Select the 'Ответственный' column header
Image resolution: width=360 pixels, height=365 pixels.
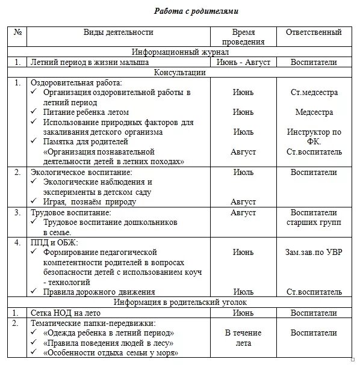coord(313,32)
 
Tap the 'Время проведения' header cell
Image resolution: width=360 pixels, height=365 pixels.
coord(243,37)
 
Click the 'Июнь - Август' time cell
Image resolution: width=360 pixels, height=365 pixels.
coord(243,62)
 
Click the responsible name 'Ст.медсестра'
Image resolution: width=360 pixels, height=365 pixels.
coord(314,93)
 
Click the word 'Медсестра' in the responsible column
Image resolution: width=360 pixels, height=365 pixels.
coord(314,112)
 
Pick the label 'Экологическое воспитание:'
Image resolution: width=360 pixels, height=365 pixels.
coord(81,172)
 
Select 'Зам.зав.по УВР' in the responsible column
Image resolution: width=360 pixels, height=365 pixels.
coord(314,252)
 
